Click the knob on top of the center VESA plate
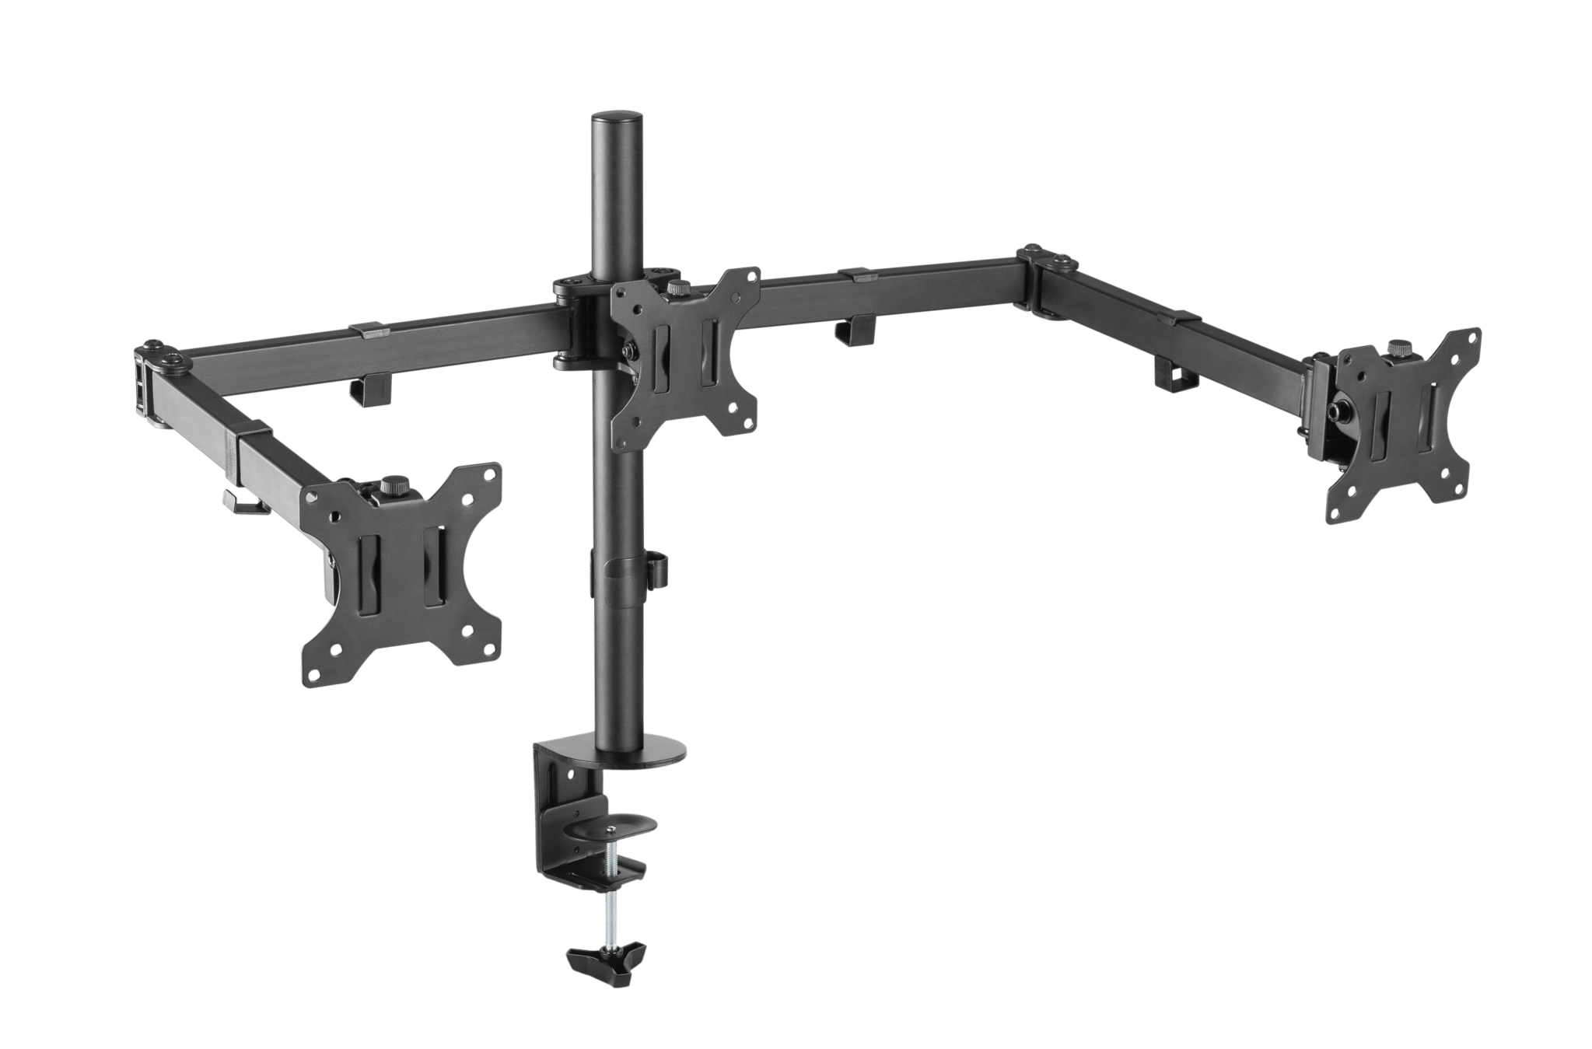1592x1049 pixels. click(x=675, y=288)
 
